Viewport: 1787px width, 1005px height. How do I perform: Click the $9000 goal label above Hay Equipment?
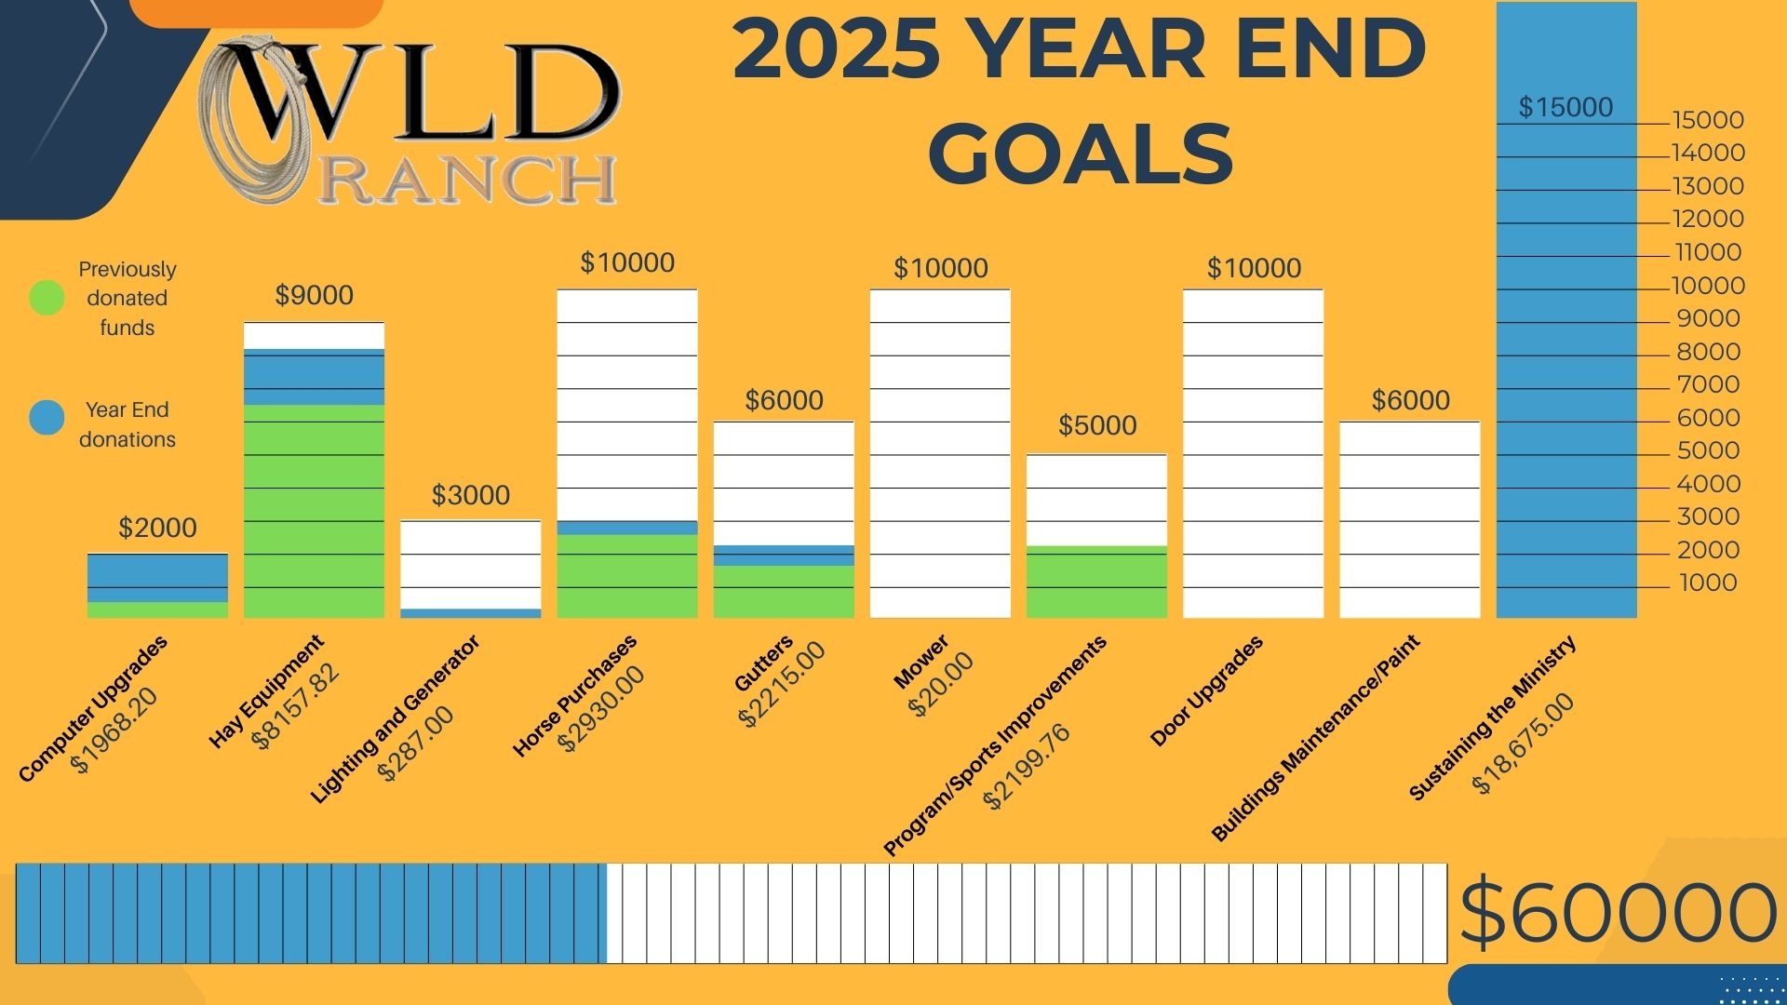(x=314, y=296)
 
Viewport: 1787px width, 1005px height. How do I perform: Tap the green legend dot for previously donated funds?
(x=47, y=298)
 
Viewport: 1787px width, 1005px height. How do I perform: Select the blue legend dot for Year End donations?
(x=47, y=418)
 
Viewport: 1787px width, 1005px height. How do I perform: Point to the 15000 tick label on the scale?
(x=1708, y=120)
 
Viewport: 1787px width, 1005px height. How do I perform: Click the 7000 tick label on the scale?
(x=1708, y=384)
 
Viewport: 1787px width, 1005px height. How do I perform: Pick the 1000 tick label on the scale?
(x=1708, y=583)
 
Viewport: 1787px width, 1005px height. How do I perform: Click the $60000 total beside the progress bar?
(x=1618, y=913)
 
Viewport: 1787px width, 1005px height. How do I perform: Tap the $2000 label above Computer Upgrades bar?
(x=157, y=529)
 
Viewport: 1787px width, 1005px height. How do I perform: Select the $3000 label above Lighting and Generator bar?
(x=471, y=495)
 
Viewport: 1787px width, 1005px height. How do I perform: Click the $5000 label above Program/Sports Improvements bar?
(x=1097, y=426)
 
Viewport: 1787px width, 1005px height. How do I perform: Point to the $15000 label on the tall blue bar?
(x=1565, y=108)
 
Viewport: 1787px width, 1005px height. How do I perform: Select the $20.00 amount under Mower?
(x=940, y=684)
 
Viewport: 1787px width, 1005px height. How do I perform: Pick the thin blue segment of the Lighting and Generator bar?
(x=471, y=613)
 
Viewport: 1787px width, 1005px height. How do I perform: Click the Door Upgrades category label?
(x=1206, y=690)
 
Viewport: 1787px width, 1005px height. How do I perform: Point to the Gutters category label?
(x=763, y=663)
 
